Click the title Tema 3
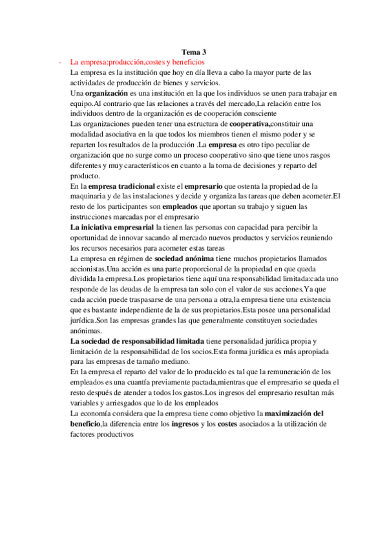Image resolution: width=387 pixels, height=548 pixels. [x=193, y=53]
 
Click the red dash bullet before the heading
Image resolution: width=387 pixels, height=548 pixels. [x=60, y=63]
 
